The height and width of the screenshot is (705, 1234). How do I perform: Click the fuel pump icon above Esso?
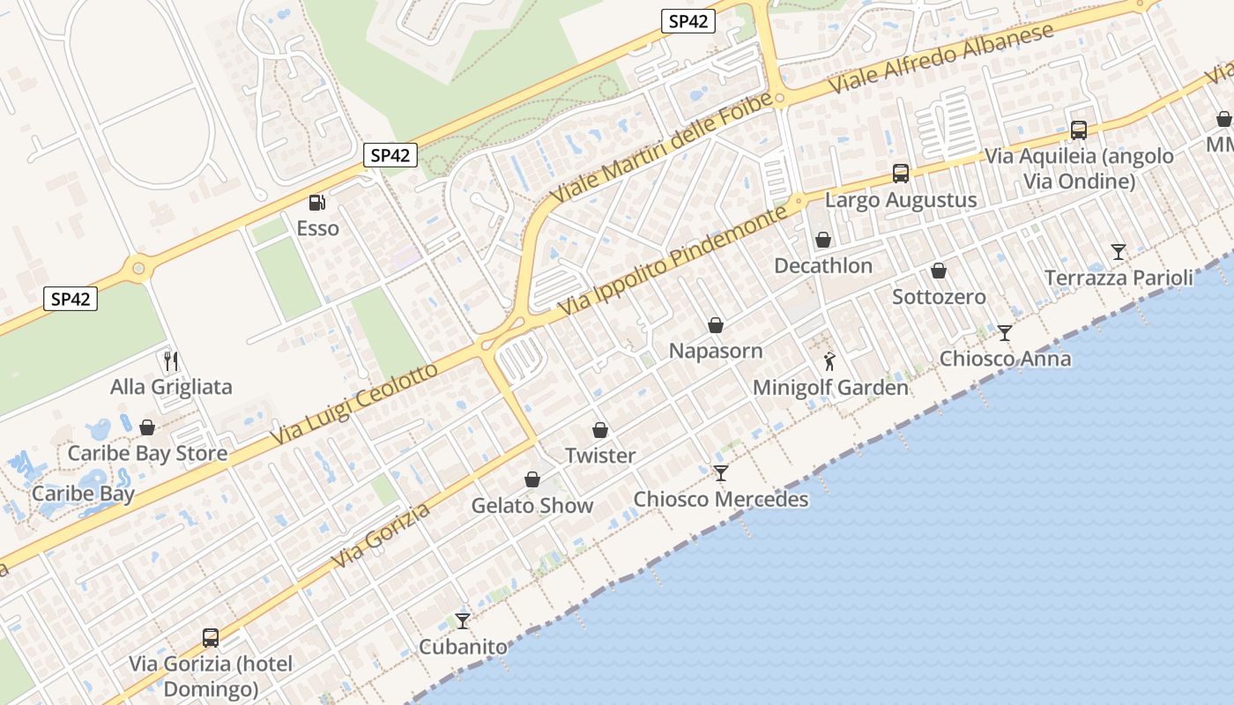tap(317, 203)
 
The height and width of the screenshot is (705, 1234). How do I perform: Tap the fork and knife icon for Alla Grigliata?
tap(171, 360)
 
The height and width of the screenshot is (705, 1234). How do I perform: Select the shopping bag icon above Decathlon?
tap(822, 240)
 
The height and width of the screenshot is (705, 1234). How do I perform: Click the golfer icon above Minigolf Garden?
tap(829, 360)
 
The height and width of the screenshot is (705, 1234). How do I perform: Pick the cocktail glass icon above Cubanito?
tap(463, 620)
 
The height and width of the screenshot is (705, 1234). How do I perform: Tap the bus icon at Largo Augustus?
tap(900, 174)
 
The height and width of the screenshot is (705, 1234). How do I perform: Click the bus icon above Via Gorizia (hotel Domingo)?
tap(210, 637)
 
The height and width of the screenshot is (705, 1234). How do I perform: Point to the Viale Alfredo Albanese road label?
tap(942, 59)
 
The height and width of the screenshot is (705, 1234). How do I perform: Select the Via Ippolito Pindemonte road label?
tap(672, 262)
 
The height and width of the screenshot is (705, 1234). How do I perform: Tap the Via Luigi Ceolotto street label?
tap(354, 404)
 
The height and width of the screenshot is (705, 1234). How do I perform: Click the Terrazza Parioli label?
tap(1119, 278)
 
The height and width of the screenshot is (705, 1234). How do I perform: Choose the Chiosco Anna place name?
tap(1005, 359)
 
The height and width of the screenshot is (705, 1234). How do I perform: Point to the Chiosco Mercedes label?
tap(720, 500)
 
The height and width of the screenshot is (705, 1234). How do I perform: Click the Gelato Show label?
tap(532, 506)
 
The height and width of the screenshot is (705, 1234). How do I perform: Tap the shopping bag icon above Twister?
tap(600, 430)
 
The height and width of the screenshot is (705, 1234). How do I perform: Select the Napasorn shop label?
tap(715, 351)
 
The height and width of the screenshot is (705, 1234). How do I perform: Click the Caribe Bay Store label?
tap(147, 454)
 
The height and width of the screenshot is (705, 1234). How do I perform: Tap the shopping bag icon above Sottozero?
tap(939, 271)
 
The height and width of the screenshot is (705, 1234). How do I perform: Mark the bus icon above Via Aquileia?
tap(1078, 130)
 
